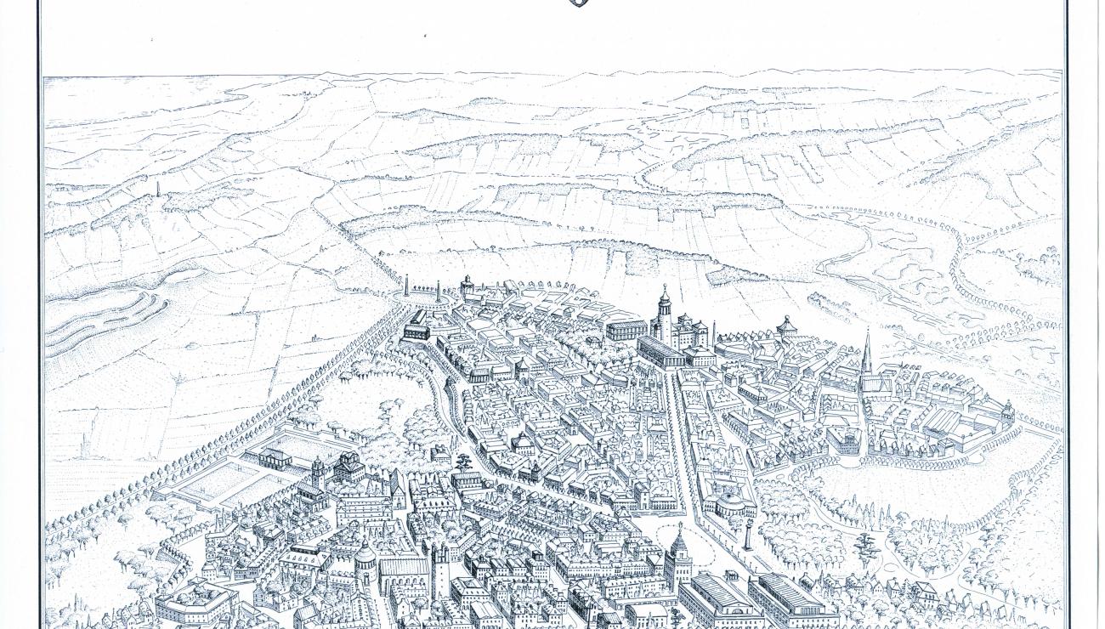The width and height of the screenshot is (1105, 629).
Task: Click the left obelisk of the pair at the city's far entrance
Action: [406, 286]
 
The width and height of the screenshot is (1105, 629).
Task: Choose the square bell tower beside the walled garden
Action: [318, 472]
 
